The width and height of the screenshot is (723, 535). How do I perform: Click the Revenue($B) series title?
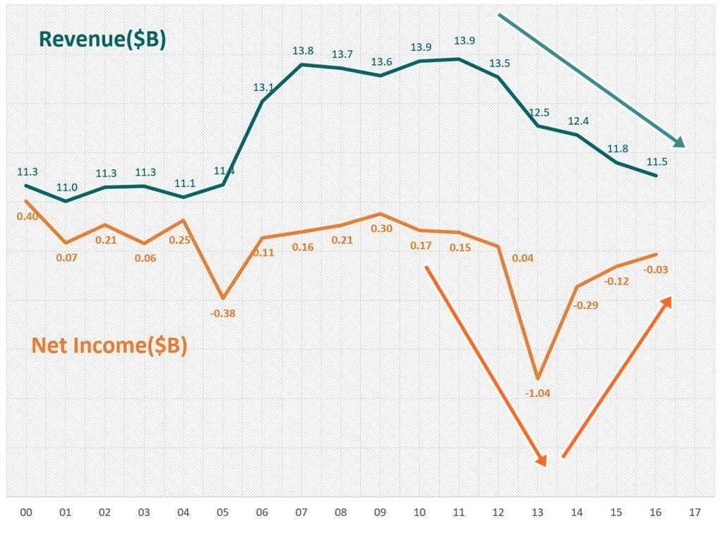102,40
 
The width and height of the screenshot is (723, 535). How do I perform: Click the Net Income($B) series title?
109,346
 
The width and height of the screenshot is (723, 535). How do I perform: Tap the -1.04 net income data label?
537,392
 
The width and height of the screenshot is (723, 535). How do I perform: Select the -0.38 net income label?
223,313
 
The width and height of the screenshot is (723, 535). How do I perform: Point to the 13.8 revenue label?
303,51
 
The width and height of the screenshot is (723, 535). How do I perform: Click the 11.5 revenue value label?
656,162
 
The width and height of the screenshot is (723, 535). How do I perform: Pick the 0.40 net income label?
27,216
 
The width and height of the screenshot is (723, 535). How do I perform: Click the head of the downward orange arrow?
542,461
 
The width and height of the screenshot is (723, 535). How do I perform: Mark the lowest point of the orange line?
538,378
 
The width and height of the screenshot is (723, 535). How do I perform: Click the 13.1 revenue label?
263,88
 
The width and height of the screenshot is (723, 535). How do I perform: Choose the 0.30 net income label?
381,228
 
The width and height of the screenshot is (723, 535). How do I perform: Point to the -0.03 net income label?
656,270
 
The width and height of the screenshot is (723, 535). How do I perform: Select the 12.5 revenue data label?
538,113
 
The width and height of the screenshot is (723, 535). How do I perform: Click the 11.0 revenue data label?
67,187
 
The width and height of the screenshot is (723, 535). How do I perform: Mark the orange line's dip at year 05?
223,298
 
